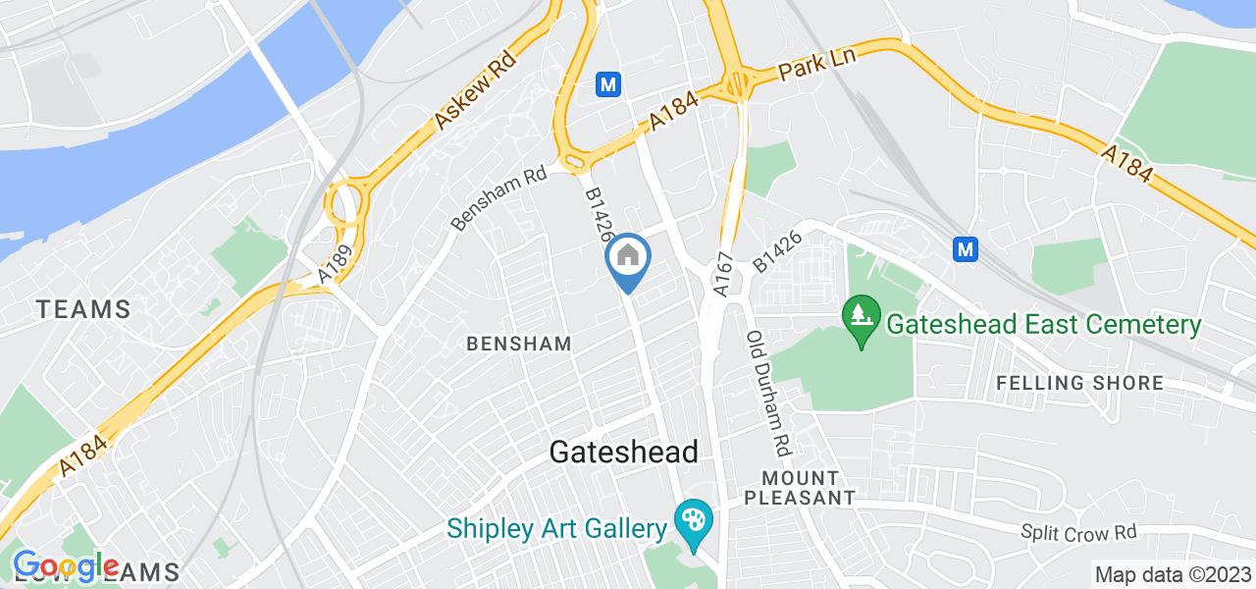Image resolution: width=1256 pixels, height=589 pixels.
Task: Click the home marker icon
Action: tap(626, 258)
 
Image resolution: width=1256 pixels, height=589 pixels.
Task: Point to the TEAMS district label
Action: tap(83, 309)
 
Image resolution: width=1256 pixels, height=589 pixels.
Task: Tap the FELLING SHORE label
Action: tap(1079, 383)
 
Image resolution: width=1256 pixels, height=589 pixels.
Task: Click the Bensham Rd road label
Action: tap(498, 197)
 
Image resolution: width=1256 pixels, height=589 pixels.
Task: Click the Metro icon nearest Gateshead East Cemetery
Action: tap(967, 249)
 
